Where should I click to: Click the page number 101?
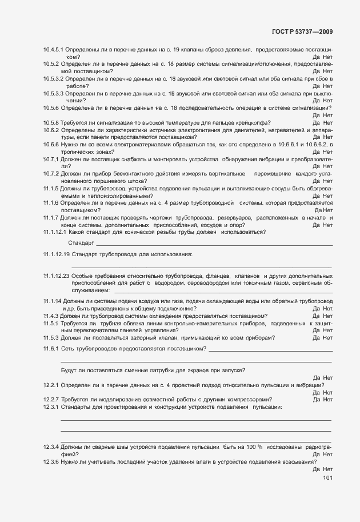pos(327,478)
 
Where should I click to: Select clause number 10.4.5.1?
pos(54,50)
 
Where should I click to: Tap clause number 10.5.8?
pos(51,122)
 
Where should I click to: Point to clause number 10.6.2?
pos(51,130)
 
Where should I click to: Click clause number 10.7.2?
pos(51,173)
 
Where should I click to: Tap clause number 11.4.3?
pos(51,316)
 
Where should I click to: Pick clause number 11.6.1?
pos(51,348)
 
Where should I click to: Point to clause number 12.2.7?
pos(51,399)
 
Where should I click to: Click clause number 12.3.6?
pos(51,461)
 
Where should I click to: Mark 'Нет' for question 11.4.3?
pos(327,316)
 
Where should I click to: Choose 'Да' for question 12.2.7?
pos(316,399)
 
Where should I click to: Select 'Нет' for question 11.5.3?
pos(327,337)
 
